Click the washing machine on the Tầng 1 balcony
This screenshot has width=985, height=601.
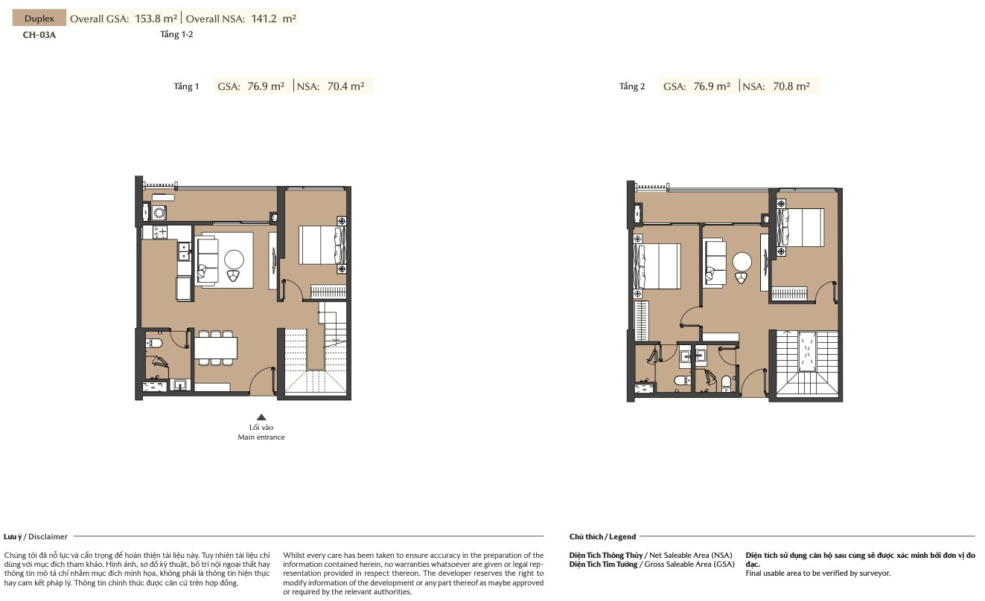pos(159,213)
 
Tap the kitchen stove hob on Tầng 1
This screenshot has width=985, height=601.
pos(160,231)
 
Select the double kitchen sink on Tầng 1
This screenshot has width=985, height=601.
pos(185,251)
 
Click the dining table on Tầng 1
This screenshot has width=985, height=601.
pos(215,348)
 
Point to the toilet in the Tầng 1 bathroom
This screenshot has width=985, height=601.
pos(154,343)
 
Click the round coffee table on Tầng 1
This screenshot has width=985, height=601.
pos(234,259)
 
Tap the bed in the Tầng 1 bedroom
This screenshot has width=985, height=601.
pos(322,245)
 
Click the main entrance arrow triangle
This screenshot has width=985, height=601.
pos(261,417)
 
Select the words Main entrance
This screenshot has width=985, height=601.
pos(261,437)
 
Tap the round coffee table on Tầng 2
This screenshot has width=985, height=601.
pos(742,263)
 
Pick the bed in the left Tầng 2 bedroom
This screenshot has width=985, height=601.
pos(657,267)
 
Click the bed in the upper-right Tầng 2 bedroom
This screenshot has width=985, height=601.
pos(800,228)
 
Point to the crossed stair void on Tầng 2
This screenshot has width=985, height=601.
pos(807,352)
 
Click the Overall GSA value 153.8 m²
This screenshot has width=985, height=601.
pos(156,19)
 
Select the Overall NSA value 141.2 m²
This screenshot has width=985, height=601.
pos(273,19)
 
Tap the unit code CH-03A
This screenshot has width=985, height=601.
pos(39,35)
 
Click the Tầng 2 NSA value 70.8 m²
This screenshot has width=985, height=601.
pos(791,86)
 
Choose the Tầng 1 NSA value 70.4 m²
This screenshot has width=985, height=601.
pos(345,86)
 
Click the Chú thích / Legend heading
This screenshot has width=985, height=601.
pos(602,536)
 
